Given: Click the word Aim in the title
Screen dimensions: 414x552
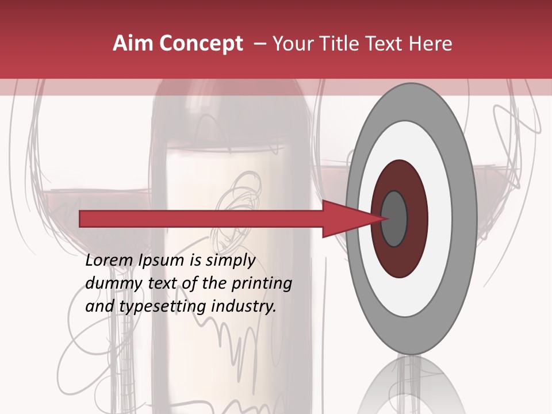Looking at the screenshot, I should (x=132, y=44).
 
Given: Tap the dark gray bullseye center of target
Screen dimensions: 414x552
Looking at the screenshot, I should (x=394, y=219).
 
